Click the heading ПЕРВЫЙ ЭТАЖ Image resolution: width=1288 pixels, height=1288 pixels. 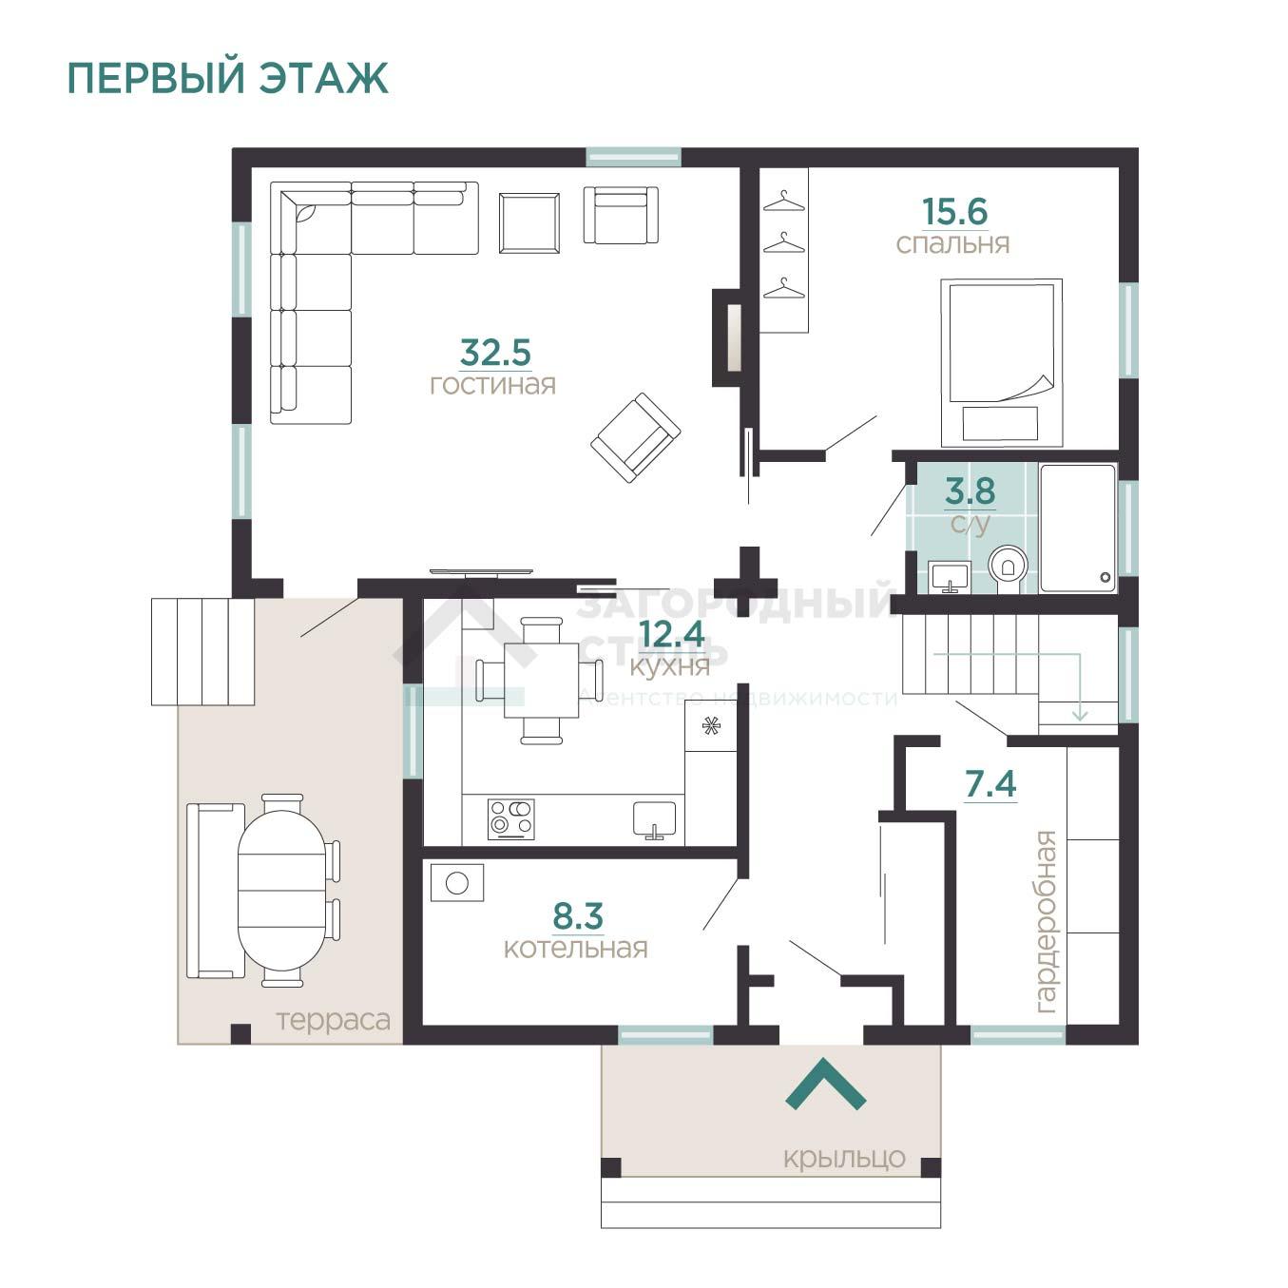228,79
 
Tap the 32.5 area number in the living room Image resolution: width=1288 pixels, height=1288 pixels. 495,353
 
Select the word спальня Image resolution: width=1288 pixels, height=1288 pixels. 952,245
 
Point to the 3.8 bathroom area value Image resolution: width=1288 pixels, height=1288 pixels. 970,491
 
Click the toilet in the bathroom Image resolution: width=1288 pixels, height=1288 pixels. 1008,568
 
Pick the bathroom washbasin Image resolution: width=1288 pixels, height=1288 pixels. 950,577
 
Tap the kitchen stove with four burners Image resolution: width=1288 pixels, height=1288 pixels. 511,819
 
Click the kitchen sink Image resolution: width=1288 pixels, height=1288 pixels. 654,819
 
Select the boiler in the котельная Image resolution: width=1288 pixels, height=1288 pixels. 457,883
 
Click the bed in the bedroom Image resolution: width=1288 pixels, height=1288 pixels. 1001,362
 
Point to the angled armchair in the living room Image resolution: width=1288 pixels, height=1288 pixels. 636,438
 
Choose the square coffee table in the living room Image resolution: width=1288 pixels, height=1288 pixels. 529,223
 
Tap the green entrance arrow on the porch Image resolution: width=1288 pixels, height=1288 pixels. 825,1085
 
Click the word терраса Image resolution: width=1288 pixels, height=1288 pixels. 333,1021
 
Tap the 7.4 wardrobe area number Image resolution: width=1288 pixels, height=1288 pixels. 990,784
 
